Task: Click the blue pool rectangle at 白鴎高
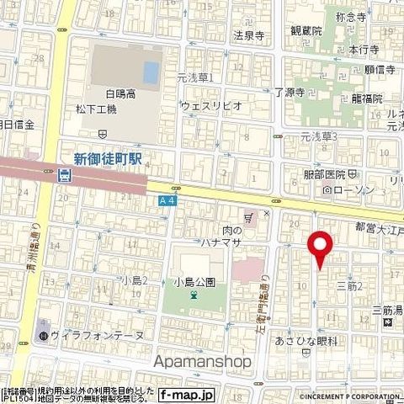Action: (x=151, y=73)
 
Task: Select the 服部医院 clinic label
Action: (x=324, y=175)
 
